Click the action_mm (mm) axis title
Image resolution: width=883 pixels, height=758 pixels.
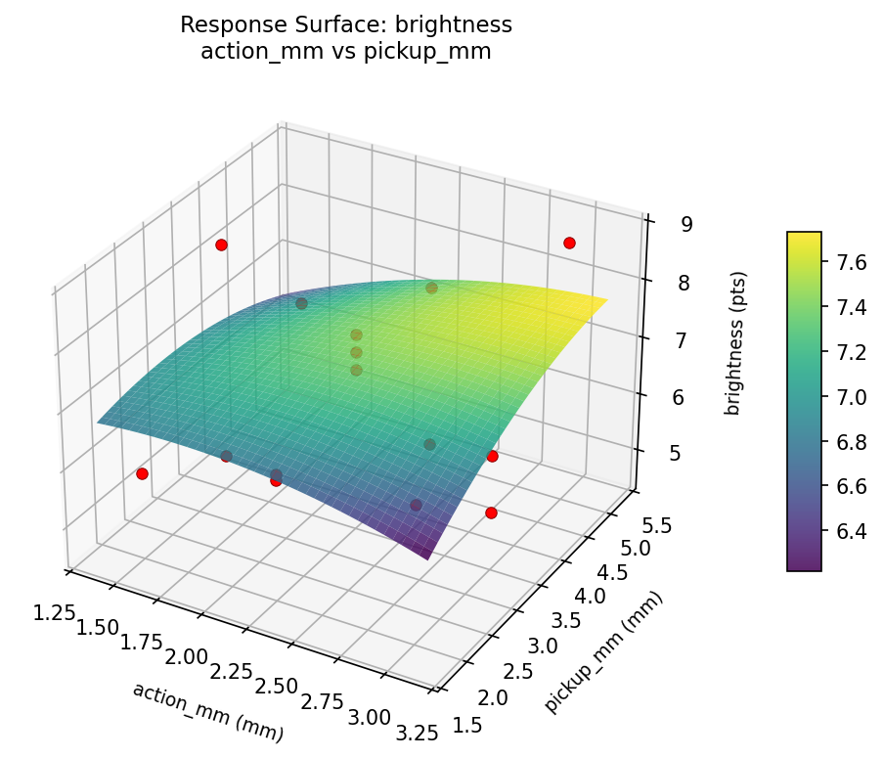click(x=207, y=712)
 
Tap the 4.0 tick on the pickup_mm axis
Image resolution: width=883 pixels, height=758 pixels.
click(x=586, y=596)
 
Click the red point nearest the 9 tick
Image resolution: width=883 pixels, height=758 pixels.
click(x=569, y=243)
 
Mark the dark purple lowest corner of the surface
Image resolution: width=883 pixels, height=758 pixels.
click(x=426, y=557)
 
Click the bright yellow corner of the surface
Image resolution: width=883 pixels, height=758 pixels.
click(x=606, y=298)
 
